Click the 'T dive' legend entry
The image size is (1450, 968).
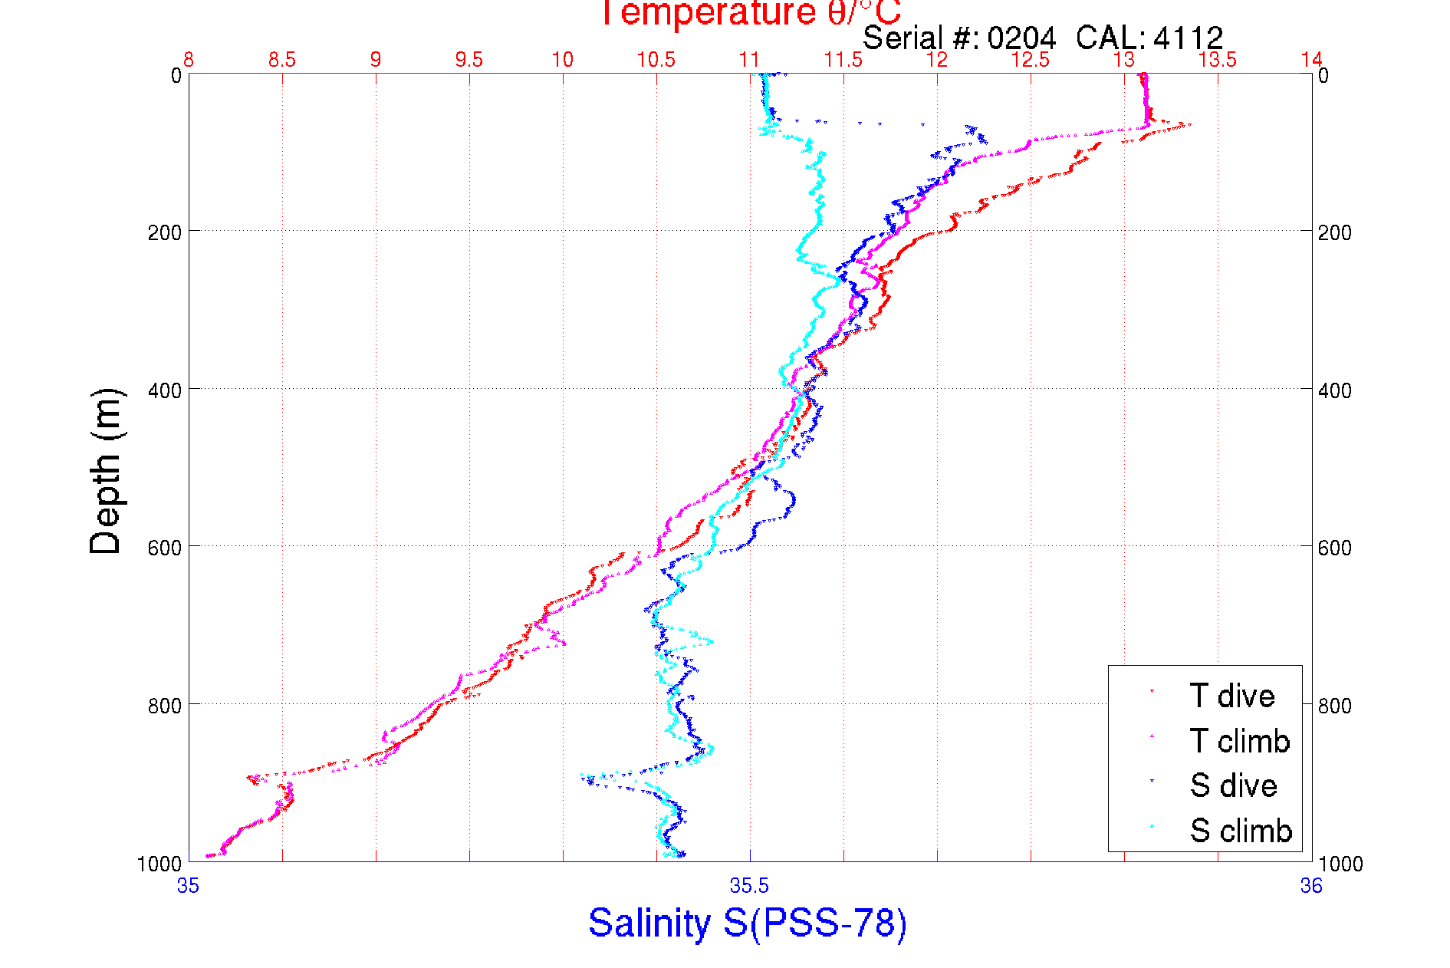pyautogui.click(x=1231, y=696)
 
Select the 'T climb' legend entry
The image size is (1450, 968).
pyautogui.click(x=1239, y=741)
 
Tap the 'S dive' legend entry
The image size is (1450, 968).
pyautogui.click(x=1233, y=785)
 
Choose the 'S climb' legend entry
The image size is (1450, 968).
pyautogui.click(x=1241, y=831)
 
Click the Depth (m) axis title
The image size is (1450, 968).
pyautogui.click(x=106, y=471)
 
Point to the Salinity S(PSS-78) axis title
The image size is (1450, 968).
pyautogui.click(x=748, y=923)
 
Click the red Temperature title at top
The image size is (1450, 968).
pyautogui.click(x=749, y=12)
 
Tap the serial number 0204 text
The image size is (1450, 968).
pyautogui.click(x=1021, y=38)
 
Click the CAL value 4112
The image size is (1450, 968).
pyautogui.click(x=1188, y=38)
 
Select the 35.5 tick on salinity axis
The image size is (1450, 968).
pyautogui.click(x=749, y=887)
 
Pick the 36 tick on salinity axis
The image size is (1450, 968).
pyautogui.click(x=1311, y=887)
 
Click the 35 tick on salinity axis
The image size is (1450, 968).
pyautogui.click(x=188, y=887)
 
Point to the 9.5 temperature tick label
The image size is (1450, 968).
pyautogui.click(x=469, y=60)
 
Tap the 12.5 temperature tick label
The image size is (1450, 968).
pyautogui.click(x=1031, y=60)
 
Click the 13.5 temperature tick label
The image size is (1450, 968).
pyautogui.click(x=1218, y=60)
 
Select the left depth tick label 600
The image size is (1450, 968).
pyautogui.click(x=164, y=548)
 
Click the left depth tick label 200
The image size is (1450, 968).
pyautogui.click(x=164, y=232)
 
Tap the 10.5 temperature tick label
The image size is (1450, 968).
pyautogui.click(x=656, y=60)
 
